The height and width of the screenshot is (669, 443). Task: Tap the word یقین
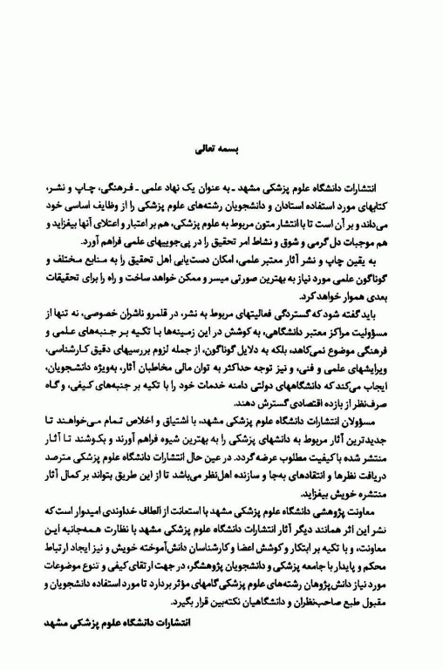[x=366, y=261]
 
